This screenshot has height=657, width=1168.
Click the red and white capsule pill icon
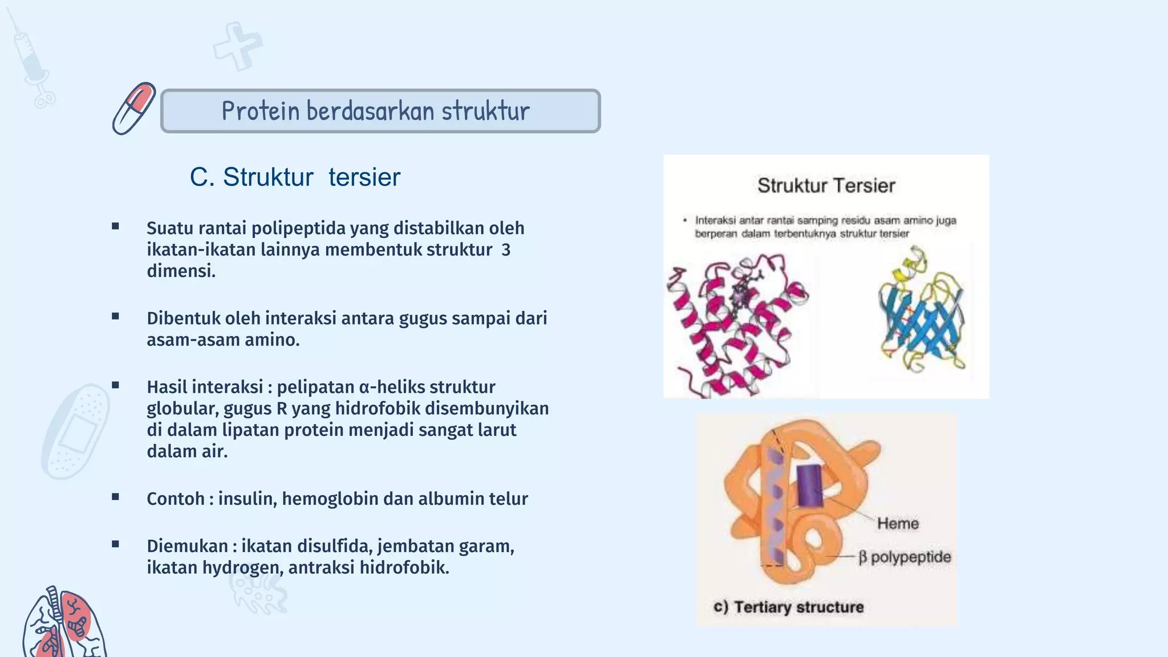pyautogui.click(x=134, y=108)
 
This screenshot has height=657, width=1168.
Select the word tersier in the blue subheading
pyautogui.click(x=364, y=177)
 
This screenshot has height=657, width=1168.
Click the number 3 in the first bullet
pyautogui.click(x=505, y=250)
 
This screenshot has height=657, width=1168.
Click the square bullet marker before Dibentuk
pyautogui.click(x=116, y=317)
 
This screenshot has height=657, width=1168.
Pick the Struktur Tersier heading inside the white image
pyautogui.click(x=826, y=186)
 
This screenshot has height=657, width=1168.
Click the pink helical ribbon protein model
pyautogui.click(x=736, y=325)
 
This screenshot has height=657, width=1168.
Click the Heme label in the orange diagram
pyautogui.click(x=898, y=524)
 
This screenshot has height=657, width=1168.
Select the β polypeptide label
pyautogui.click(x=905, y=557)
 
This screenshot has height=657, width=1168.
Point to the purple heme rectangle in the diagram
pyautogui.click(x=809, y=485)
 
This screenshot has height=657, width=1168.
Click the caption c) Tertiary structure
pyautogui.click(x=788, y=607)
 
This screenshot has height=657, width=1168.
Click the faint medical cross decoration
pyautogui.click(x=237, y=46)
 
